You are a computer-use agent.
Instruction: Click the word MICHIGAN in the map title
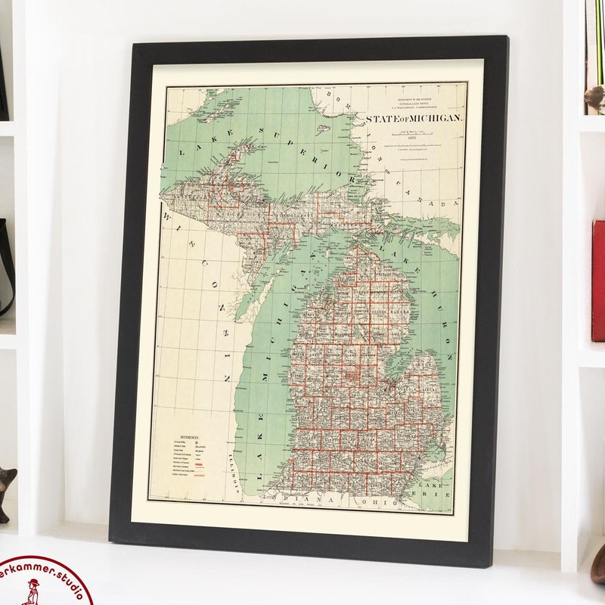(x=436, y=119)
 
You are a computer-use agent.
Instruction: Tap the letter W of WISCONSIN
(x=169, y=218)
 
